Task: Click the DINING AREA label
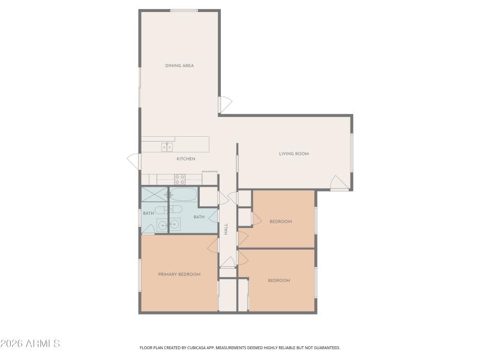[x=179, y=65]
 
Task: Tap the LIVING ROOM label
[x=293, y=154]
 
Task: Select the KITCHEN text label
[x=185, y=159]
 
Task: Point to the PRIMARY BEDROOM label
[x=179, y=274]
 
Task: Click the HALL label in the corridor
[x=226, y=229]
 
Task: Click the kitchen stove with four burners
[x=179, y=178]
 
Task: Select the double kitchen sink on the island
[x=167, y=147]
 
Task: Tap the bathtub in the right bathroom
[x=183, y=195]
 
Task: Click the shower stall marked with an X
[x=155, y=195]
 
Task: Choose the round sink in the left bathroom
[x=162, y=225]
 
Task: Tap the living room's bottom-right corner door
[x=339, y=183]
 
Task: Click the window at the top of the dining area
[x=184, y=10]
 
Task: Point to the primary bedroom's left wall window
[x=140, y=275]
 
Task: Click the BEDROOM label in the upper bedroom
[x=280, y=221]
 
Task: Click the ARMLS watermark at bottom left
[x=30, y=344]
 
